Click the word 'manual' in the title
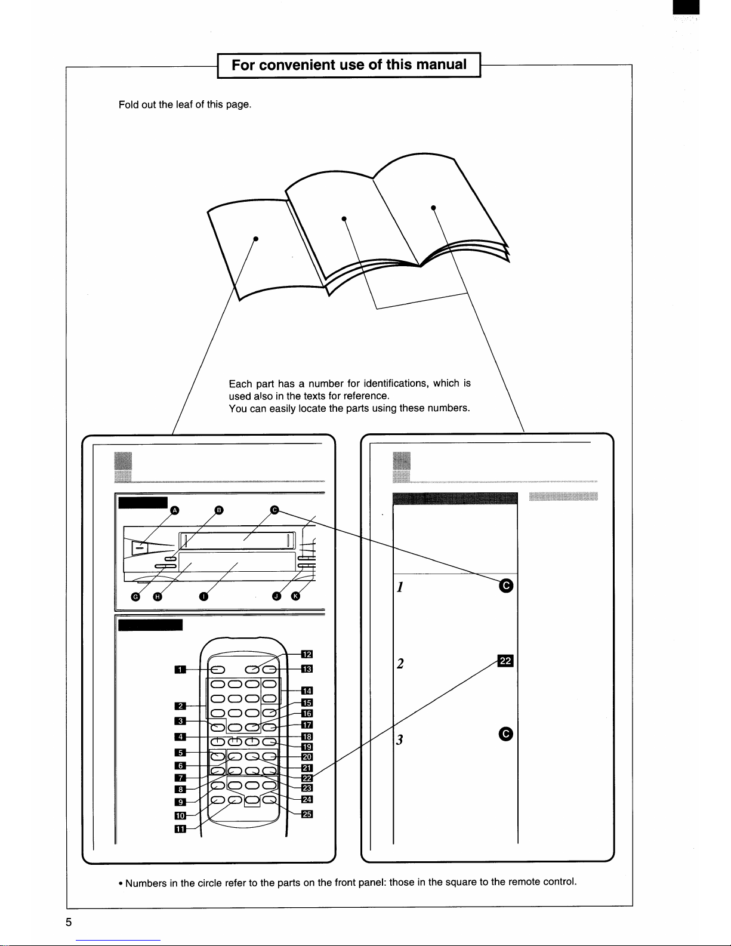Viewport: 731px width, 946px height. pos(441,64)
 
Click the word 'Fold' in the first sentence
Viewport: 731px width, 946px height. pos(128,104)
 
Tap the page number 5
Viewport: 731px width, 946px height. pos(69,922)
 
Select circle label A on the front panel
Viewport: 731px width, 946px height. pos(174,510)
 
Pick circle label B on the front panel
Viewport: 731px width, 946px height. pos(219,510)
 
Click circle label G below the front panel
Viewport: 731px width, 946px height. pos(136,597)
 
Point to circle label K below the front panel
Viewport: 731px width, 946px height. pos(296,596)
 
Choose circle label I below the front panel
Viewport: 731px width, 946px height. pos(203,596)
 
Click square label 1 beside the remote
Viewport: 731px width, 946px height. pos(180,670)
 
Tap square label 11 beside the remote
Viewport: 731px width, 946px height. pos(180,829)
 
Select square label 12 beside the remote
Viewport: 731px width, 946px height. pos(307,654)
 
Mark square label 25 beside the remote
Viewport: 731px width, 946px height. pos(307,814)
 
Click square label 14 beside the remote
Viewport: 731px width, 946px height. pos(307,691)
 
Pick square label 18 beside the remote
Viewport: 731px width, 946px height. pos(307,737)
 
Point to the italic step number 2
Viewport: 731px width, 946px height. pos(400,664)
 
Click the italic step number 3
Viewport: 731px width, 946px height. pos(399,739)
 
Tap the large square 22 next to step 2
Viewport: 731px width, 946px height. pos(505,661)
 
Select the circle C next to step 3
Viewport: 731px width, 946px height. pos(505,735)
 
